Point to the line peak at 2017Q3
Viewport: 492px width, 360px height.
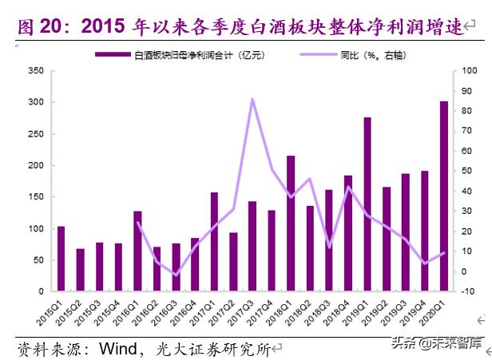[x=252, y=99]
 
